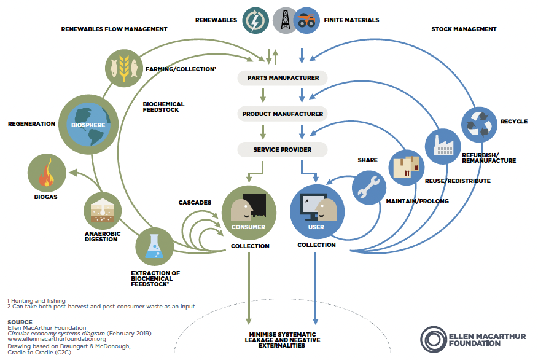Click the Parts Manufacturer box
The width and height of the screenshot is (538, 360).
(283, 78)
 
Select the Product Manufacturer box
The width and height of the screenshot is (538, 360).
(283, 114)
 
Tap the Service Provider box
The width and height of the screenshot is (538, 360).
(283, 150)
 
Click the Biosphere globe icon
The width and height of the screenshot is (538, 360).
(88, 125)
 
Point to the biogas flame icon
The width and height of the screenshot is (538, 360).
(47, 173)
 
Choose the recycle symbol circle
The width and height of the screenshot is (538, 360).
(479, 125)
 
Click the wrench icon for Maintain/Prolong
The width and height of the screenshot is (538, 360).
(369, 188)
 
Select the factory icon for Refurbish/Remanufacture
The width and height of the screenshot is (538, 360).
(443, 147)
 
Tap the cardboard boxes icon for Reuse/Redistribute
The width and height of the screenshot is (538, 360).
(406, 168)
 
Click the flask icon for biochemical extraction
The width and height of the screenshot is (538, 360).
(154, 246)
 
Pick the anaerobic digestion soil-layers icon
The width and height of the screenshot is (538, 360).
(103, 211)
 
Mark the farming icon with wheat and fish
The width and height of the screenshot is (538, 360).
(124, 68)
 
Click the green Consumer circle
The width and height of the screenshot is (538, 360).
(249, 213)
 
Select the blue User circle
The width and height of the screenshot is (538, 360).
(317, 212)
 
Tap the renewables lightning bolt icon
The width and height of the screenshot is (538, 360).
(255, 20)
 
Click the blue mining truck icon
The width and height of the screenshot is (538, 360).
(306, 20)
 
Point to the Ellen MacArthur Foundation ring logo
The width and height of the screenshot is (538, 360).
(434, 340)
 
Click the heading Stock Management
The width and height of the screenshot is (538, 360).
(464, 29)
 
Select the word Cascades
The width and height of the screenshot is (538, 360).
(195, 203)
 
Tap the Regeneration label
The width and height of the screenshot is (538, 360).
(31, 123)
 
